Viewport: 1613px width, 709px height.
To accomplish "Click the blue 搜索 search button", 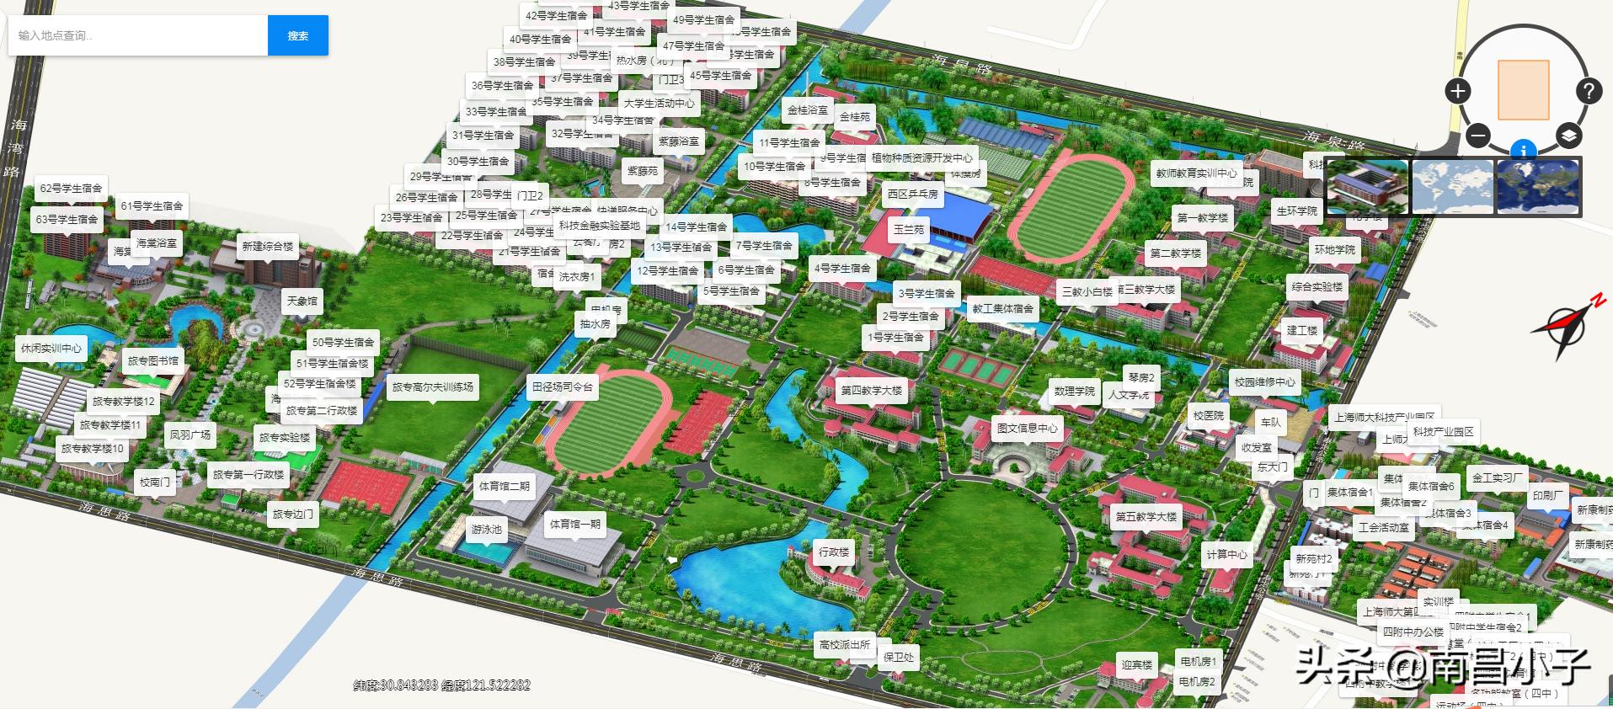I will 297,35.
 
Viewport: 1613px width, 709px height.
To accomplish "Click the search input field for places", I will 138,35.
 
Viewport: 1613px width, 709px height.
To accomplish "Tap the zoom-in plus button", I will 1457,91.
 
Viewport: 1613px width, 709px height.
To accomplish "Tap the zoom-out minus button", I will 1477,135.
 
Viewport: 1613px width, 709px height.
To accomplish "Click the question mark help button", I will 1588,91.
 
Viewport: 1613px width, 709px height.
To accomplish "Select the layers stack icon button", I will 1568,135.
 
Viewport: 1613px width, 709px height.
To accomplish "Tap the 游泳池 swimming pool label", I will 486,530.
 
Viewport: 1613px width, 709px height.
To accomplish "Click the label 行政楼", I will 834,552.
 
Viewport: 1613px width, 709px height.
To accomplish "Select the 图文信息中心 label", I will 1027,428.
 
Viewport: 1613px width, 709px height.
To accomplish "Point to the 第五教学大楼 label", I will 1146,517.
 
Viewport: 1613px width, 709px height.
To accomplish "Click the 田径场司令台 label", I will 562,387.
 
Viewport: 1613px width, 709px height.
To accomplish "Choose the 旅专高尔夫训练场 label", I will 432,387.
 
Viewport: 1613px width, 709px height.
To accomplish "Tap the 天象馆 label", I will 302,301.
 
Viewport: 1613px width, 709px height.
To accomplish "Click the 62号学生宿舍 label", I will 72,189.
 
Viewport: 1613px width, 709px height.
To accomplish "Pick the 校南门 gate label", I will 155,482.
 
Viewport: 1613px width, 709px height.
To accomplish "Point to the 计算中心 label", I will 1226,554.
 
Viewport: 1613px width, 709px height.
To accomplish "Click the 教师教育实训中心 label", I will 1196,173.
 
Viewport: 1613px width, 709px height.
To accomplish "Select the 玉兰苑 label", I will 909,229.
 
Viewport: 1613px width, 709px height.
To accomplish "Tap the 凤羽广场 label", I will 190,435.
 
